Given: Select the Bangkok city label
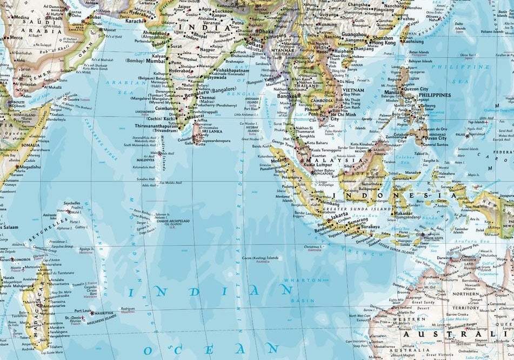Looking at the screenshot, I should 286,96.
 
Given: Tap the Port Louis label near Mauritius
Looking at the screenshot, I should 83,311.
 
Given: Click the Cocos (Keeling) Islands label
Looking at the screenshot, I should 261,258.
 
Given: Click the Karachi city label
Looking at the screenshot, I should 136,21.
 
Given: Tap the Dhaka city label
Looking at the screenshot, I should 266,31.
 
